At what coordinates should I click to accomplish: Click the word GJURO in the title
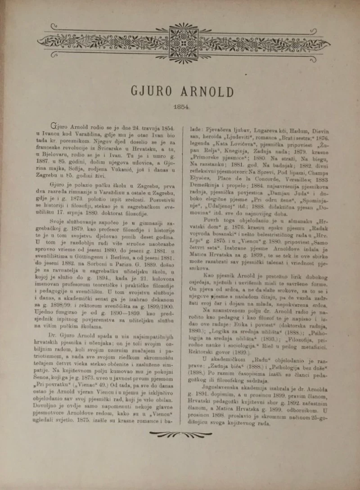(151, 91)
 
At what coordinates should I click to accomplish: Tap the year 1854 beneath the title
(180, 108)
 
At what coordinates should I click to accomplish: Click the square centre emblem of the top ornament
(183, 43)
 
